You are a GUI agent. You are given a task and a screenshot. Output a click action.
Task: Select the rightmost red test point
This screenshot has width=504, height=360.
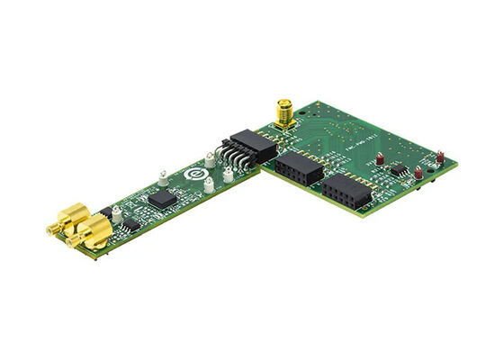pyautogui.click(x=440, y=157)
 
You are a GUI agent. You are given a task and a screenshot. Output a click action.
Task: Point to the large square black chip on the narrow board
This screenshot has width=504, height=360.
pyautogui.click(x=162, y=198)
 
